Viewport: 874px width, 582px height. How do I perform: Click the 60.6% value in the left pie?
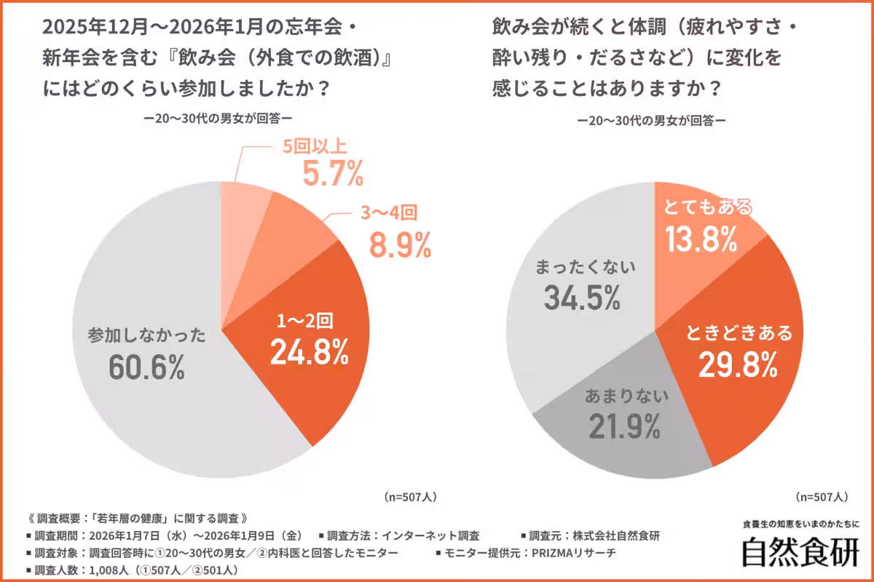(146, 368)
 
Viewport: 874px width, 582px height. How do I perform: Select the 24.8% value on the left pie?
(309, 352)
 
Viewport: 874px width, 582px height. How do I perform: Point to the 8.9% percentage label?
(401, 247)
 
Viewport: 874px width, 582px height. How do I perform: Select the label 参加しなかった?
(146, 336)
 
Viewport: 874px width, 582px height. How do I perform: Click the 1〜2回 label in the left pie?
(308, 321)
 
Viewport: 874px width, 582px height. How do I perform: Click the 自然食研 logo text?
(800, 552)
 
